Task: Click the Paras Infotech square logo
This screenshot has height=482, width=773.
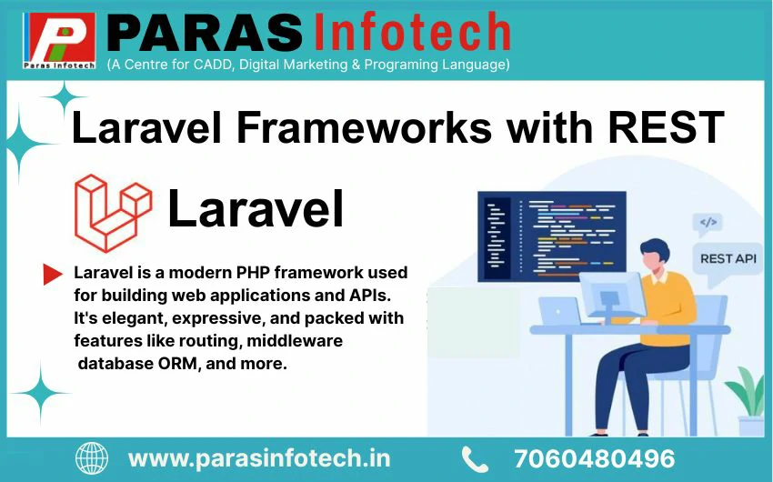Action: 59,40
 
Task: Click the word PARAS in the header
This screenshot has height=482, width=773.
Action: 204,34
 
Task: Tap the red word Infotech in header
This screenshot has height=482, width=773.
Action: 412,32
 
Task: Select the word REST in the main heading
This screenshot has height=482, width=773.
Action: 666,127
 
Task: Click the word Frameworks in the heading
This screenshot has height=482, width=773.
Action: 365,127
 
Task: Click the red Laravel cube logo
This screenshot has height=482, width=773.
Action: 113,213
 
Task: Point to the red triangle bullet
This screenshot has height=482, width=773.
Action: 53,275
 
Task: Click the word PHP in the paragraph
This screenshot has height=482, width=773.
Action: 253,273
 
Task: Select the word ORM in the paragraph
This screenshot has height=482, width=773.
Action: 177,364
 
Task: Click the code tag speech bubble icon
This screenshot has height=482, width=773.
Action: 708,224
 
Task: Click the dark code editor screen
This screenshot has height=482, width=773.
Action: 552,236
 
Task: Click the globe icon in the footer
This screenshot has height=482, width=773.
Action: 92,458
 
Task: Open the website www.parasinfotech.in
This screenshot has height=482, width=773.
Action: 259,459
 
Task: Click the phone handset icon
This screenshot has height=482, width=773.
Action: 475,459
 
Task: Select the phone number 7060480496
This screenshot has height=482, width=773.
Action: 594,459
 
